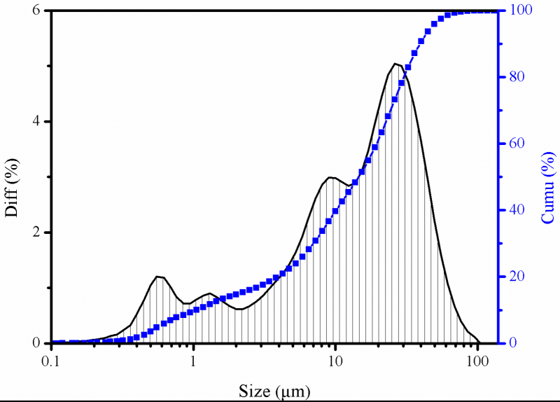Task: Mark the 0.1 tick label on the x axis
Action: coord(50,362)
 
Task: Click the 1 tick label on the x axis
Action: coord(193,362)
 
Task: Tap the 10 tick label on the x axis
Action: coord(336,362)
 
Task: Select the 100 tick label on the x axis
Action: coord(478,362)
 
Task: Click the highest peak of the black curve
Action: coord(395,64)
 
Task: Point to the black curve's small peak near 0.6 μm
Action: coord(159,277)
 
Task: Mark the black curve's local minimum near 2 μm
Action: coord(239,309)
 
